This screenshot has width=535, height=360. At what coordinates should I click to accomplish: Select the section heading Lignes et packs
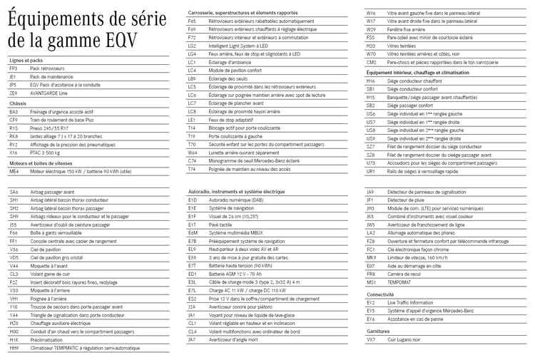pos(26,61)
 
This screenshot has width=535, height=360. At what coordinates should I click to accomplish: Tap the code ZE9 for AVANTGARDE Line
pos(13,93)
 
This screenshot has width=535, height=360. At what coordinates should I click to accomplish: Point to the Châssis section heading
pos(18,103)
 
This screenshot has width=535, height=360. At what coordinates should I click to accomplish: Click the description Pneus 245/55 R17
pos(52,128)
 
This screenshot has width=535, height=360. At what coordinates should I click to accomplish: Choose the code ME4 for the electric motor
pos(14,172)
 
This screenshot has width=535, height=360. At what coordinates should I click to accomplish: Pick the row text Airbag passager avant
pos(53,192)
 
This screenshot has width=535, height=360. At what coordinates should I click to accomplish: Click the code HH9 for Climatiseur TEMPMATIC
pos(14,347)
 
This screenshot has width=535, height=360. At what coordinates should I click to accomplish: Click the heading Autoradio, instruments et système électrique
pos(236,192)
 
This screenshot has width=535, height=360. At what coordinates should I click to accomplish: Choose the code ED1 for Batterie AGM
pos(192,274)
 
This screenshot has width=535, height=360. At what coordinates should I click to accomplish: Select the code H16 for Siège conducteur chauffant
pos(370,81)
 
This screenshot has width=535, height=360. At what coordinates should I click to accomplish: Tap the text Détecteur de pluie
pos(406,200)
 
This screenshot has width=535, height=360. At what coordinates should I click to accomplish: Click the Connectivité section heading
pos(380,294)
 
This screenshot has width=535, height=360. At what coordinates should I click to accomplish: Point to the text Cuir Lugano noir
pos(404,340)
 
